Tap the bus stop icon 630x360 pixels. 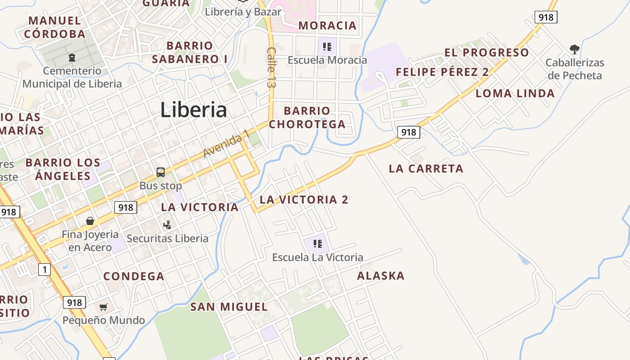coord(161,172)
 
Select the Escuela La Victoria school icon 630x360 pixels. coord(318,244)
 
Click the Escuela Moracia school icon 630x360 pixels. coord(327,46)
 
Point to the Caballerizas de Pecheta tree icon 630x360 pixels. coord(574,49)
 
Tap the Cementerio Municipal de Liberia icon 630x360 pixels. coord(72,58)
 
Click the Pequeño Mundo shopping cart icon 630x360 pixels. coord(103,307)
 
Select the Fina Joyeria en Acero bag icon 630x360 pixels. coord(90,221)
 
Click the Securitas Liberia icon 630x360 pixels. coord(167,224)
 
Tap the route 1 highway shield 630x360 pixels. coord(44,270)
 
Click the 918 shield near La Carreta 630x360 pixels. coord(409,132)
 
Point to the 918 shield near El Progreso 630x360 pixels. coord(546,17)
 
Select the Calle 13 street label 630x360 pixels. coord(271,67)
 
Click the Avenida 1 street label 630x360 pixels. coord(226,144)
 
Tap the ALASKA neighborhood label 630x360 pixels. coord(381,276)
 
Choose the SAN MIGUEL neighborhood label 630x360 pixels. coord(229,307)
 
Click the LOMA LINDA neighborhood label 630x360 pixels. coord(515,94)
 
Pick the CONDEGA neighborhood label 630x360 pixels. coord(134,276)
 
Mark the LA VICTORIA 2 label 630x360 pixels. coord(304,199)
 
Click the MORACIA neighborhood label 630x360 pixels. coord(328,26)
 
